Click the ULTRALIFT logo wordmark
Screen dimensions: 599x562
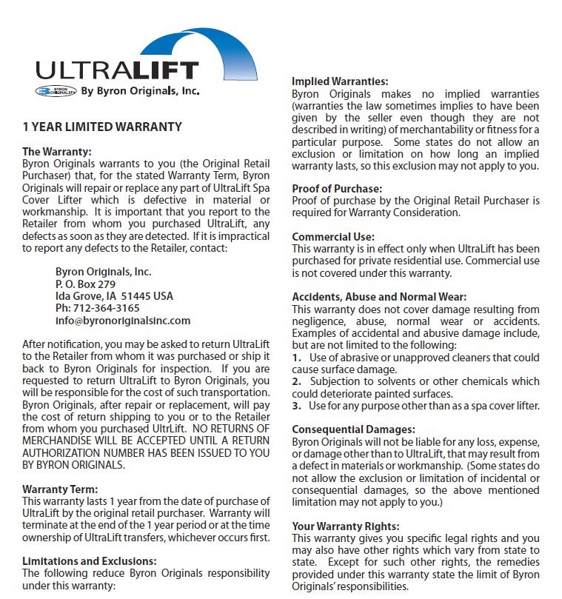coord(118,71)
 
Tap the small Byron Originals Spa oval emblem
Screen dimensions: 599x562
coord(56,92)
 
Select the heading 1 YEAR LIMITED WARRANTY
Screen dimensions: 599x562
coord(102,127)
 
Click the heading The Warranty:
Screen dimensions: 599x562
coord(57,152)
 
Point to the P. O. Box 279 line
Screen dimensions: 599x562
coord(85,284)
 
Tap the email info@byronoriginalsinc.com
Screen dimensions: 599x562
coord(123,321)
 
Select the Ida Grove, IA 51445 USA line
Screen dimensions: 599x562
coord(114,296)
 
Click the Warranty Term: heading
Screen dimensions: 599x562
coord(60,489)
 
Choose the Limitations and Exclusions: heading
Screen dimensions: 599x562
coord(90,561)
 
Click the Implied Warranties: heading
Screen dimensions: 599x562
coord(340,81)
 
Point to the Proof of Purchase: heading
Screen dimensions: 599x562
coord(337,189)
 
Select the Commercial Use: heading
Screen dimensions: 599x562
coord(333,237)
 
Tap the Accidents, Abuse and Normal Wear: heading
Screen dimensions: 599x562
coord(379,297)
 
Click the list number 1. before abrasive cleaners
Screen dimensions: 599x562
coord(296,358)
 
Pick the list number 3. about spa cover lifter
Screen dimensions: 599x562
coord(296,406)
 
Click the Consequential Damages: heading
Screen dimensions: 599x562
coord(353,429)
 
